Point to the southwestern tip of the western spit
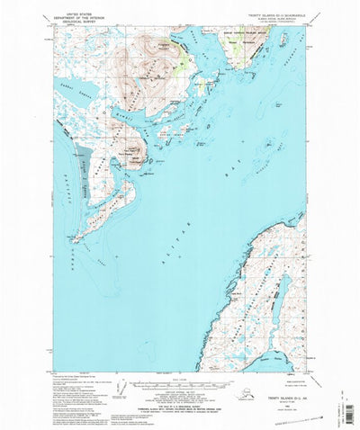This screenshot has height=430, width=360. (75, 239)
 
